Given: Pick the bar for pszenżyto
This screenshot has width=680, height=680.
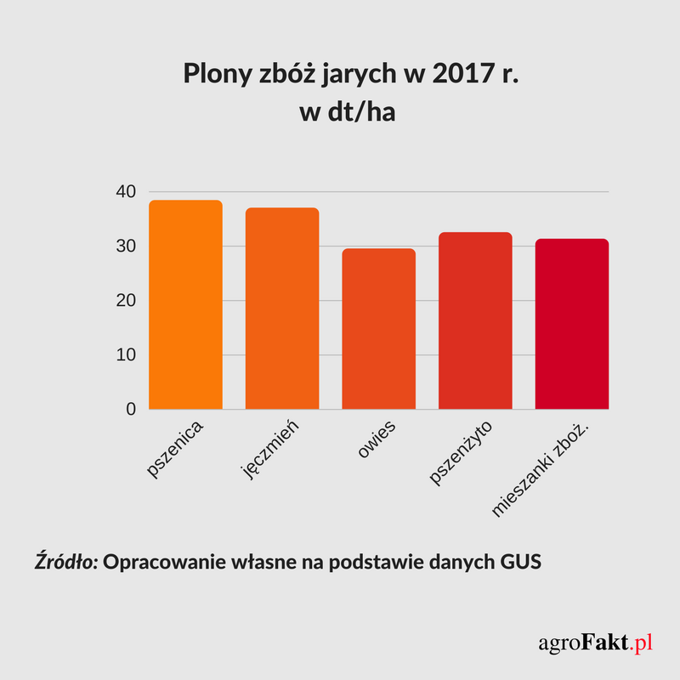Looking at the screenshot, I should coord(475,320).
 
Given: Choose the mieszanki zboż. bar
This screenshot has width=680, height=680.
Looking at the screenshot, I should coord(572,324).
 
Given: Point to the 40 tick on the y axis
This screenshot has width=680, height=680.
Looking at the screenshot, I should coord(126,192).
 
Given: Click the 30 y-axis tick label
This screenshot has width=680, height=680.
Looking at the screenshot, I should coord(126,246).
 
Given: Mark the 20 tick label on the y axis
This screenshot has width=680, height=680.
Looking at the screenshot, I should coord(126,301).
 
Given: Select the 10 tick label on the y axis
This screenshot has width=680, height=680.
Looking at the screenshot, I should coord(126,355).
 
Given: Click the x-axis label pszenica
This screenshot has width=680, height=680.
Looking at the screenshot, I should coord(178,446).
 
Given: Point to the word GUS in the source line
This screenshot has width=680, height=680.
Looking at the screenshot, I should coord(517,563).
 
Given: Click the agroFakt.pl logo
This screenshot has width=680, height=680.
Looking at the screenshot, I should coord(595,643).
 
